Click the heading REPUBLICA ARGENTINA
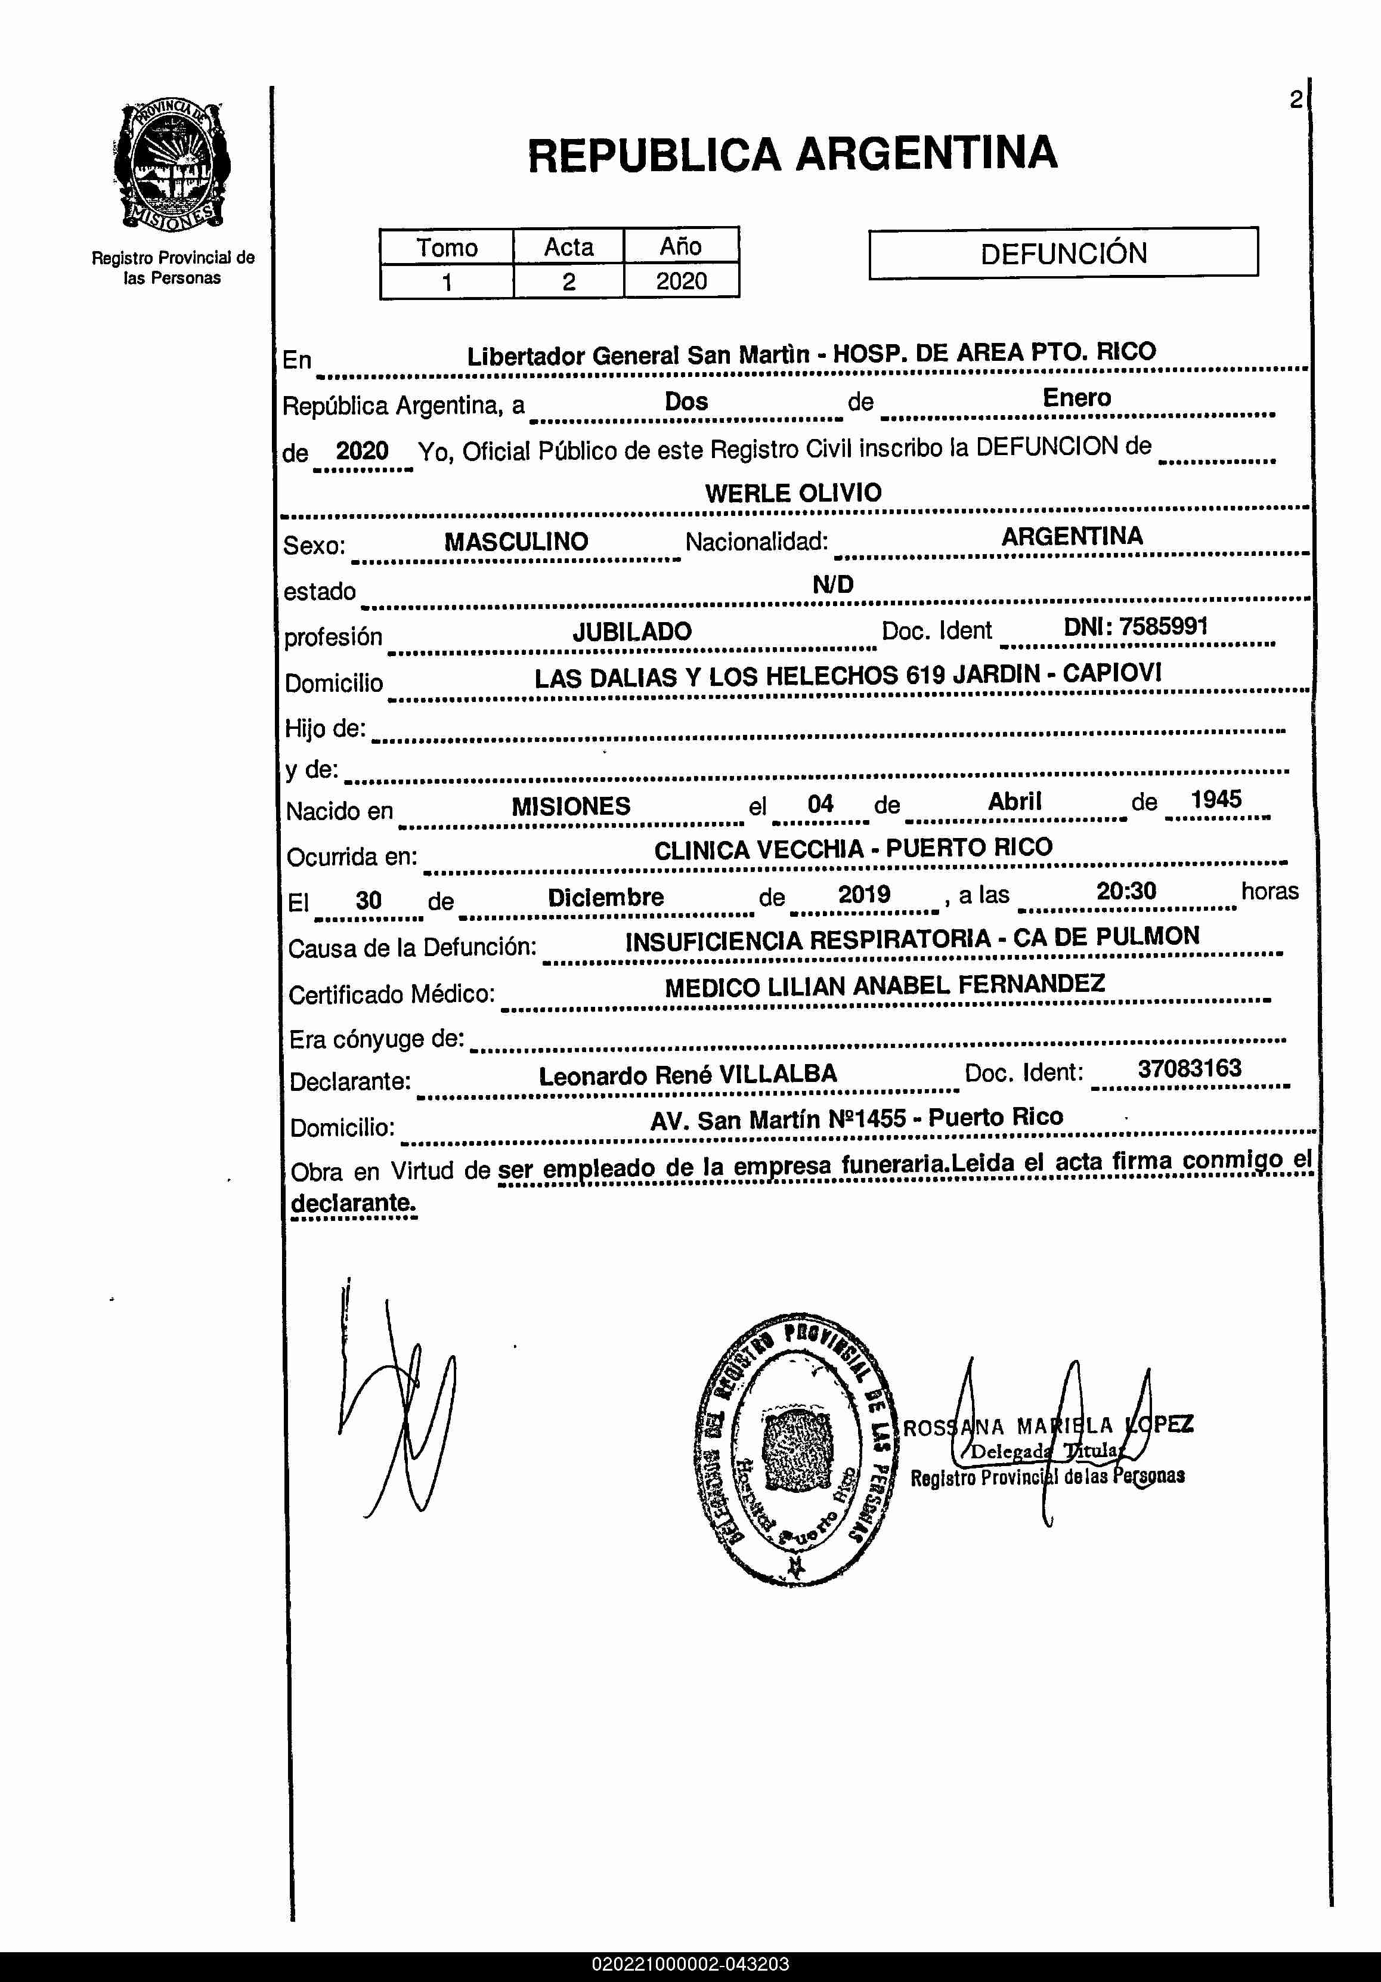pos(791,154)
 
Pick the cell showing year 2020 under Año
pos(681,282)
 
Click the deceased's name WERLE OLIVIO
pos(792,493)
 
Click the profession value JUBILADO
pos(632,631)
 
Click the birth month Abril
pos(1014,801)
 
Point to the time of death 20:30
pos(1126,891)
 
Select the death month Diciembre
pos(605,897)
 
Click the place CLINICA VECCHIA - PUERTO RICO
pos(853,849)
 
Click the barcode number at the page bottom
pos(690,1964)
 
